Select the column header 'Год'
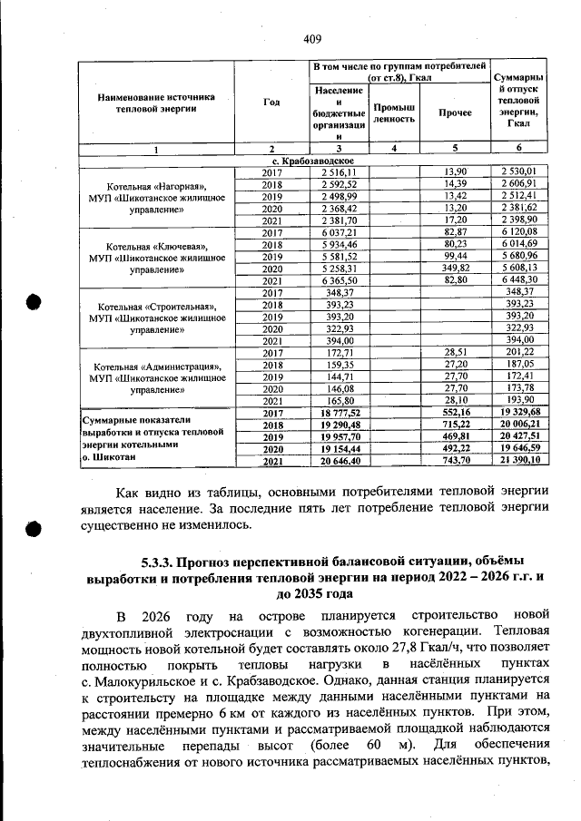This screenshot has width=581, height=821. pyautogui.click(x=271, y=102)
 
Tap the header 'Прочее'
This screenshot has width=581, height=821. pyautogui.click(x=455, y=113)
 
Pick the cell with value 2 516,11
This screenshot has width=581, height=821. pyautogui.click(x=339, y=171)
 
